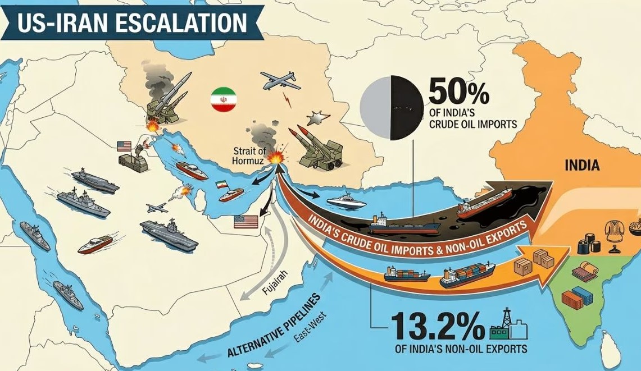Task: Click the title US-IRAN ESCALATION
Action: [131, 23]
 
